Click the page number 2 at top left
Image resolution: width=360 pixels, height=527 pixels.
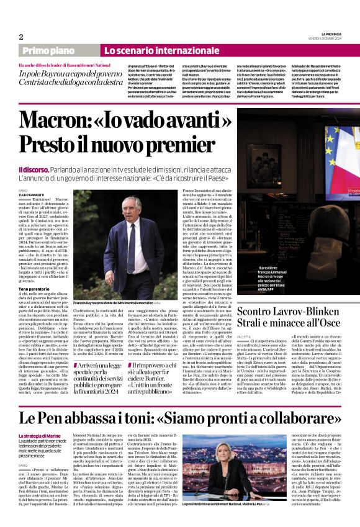tap(20, 37)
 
